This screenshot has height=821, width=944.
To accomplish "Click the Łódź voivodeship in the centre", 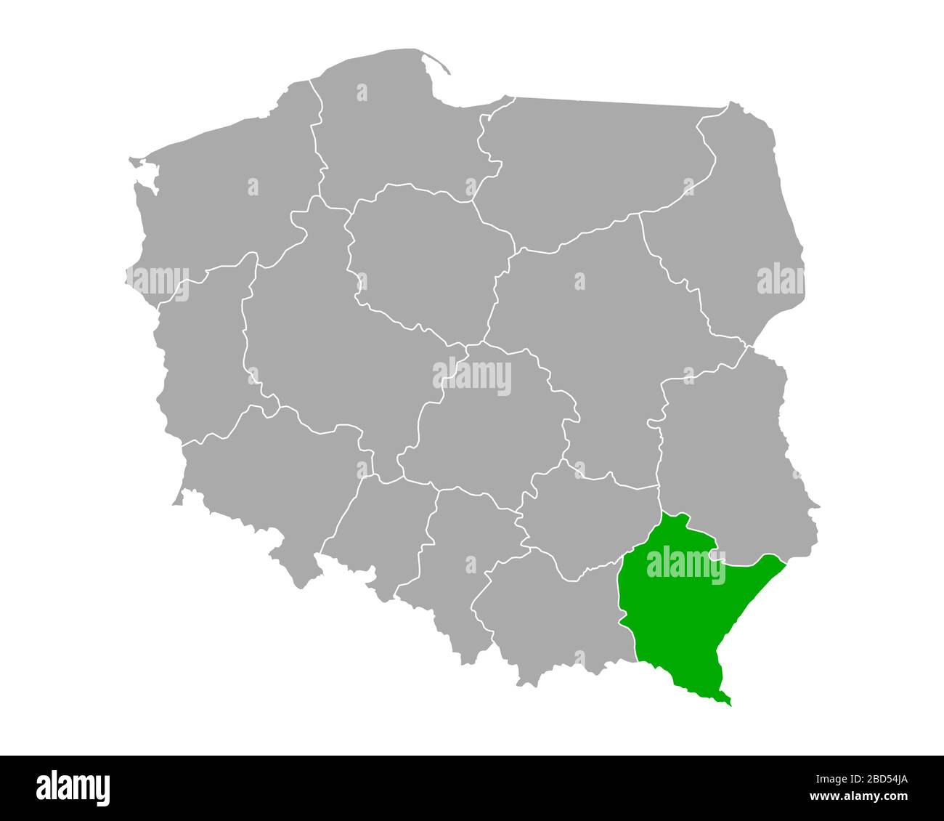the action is [x=487, y=421].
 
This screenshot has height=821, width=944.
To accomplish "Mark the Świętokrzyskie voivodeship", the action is [x=588, y=523].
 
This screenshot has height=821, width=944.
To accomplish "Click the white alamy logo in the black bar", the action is [x=73, y=788].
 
